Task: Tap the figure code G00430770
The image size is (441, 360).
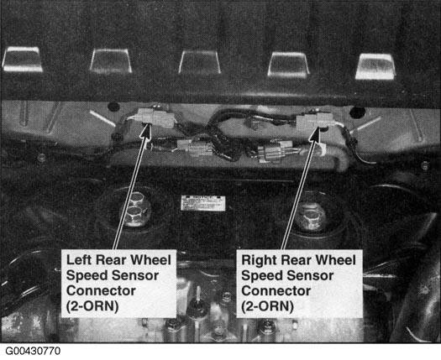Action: tap(33, 351)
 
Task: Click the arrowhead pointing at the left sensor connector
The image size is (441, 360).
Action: tap(146, 131)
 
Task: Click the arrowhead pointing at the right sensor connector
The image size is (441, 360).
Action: tap(316, 134)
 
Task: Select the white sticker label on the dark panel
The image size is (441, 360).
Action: tap(202, 203)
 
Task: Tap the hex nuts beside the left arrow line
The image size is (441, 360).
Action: tap(136, 208)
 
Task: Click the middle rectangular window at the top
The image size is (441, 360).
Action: tap(200, 62)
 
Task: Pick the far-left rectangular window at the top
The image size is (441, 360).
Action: tap(22, 59)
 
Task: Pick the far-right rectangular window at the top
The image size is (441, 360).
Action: tap(375, 66)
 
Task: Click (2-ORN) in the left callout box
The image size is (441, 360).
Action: tap(92, 306)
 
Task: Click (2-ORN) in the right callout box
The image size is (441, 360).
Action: tap(267, 306)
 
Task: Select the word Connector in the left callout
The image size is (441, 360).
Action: tap(101, 291)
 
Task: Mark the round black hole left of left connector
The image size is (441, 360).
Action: tap(114, 107)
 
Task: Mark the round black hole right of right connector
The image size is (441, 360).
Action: tap(357, 112)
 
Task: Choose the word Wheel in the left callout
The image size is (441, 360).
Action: tap(150, 260)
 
